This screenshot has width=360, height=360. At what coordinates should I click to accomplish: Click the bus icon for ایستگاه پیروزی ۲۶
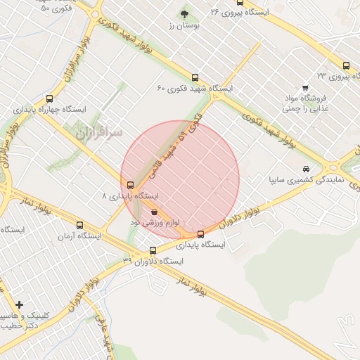[240, 3]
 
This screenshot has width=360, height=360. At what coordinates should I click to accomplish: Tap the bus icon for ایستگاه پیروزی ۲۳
[346, 65]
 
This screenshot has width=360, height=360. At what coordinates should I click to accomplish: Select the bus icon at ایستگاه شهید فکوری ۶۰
[195, 79]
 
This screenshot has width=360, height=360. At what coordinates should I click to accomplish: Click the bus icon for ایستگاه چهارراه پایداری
[49, 99]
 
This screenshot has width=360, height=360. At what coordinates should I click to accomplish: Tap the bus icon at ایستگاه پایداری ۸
[129, 186]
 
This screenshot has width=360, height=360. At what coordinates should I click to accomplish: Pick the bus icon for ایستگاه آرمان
[79, 226]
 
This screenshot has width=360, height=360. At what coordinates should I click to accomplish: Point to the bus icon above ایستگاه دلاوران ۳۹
[153, 250]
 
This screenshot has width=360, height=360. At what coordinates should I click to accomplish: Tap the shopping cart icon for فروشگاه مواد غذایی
[304, 89]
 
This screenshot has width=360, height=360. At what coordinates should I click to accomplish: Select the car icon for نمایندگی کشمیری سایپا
[306, 169]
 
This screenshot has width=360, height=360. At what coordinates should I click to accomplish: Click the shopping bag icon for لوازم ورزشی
[154, 212]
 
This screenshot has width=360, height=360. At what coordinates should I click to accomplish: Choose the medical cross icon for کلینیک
[19, 305]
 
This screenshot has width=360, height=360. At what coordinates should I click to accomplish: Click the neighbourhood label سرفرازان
[98, 131]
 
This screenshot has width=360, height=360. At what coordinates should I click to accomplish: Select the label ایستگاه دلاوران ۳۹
[153, 261]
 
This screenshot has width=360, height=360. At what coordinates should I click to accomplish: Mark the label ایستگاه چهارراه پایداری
[49, 110]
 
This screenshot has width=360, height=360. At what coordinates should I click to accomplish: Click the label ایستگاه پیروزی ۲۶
[240, 13]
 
